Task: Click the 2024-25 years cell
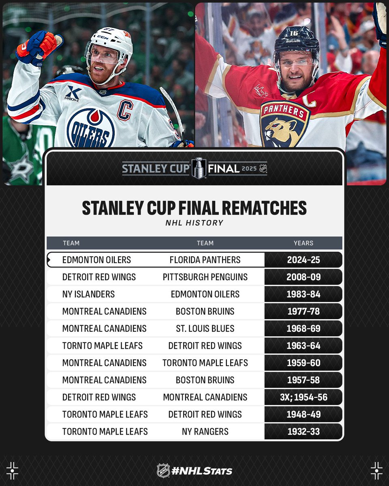(x=304, y=260)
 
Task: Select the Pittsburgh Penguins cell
(x=205, y=277)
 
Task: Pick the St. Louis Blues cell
(x=205, y=328)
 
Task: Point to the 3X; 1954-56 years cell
(x=304, y=397)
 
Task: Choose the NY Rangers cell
(x=205, y=432)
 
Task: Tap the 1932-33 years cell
(x=304, y=432)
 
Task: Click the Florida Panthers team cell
(x=205, y=260)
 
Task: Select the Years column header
(x=304, y=243)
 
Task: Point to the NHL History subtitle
(x=194, y=223)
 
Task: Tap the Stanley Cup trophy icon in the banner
(x=199, y=168)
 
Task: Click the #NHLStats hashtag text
(x=202, y=471)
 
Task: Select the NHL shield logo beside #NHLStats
(x=163, y=471)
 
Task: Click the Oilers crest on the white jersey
(x=91, y=128)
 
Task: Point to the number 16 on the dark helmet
(x=294, y=33)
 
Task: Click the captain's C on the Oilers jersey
(x=125, y=110)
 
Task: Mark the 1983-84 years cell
(x=304, y=294)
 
